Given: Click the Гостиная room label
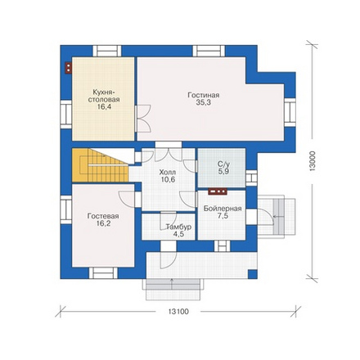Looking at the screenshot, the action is [204, 95].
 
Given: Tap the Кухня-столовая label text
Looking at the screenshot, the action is [104, 96].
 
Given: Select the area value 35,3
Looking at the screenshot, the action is [204, 102].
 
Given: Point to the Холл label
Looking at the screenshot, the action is [168, 173].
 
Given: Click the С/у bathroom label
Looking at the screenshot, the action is [224, 164].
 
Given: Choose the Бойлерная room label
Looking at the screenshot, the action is [223, 209].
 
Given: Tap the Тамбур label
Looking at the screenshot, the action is [178, 227].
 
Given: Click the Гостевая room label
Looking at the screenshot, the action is [103, 216].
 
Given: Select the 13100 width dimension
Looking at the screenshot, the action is [178, 312].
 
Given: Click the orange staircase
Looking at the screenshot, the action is [100, 165].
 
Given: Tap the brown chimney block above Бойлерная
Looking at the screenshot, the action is [218, 191].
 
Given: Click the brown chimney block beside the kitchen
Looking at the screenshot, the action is [68, 68].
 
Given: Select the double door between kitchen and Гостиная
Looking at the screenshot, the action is [142, 119].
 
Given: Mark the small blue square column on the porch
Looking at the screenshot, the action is [253, 274].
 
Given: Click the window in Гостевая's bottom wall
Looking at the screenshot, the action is [103, 273].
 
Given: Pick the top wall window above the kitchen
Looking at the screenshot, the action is [107, 51].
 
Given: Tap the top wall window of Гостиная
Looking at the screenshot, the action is [209, 51].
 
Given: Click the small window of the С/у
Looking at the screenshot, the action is [251, 178].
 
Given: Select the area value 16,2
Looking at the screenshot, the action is [103, 223].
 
